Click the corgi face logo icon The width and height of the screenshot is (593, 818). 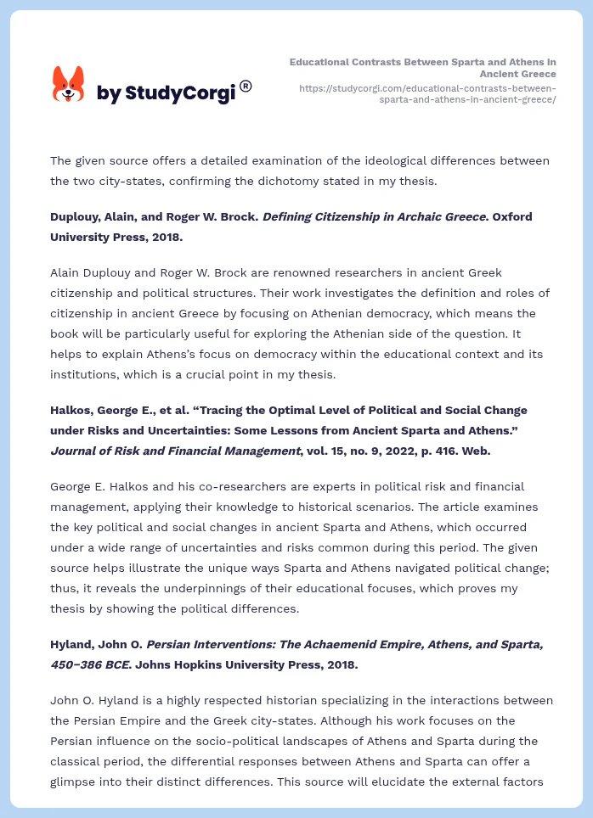pos(69,84)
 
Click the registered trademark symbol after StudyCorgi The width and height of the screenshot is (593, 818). pos(246,86)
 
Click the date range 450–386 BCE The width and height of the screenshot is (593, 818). pos(88,664)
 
